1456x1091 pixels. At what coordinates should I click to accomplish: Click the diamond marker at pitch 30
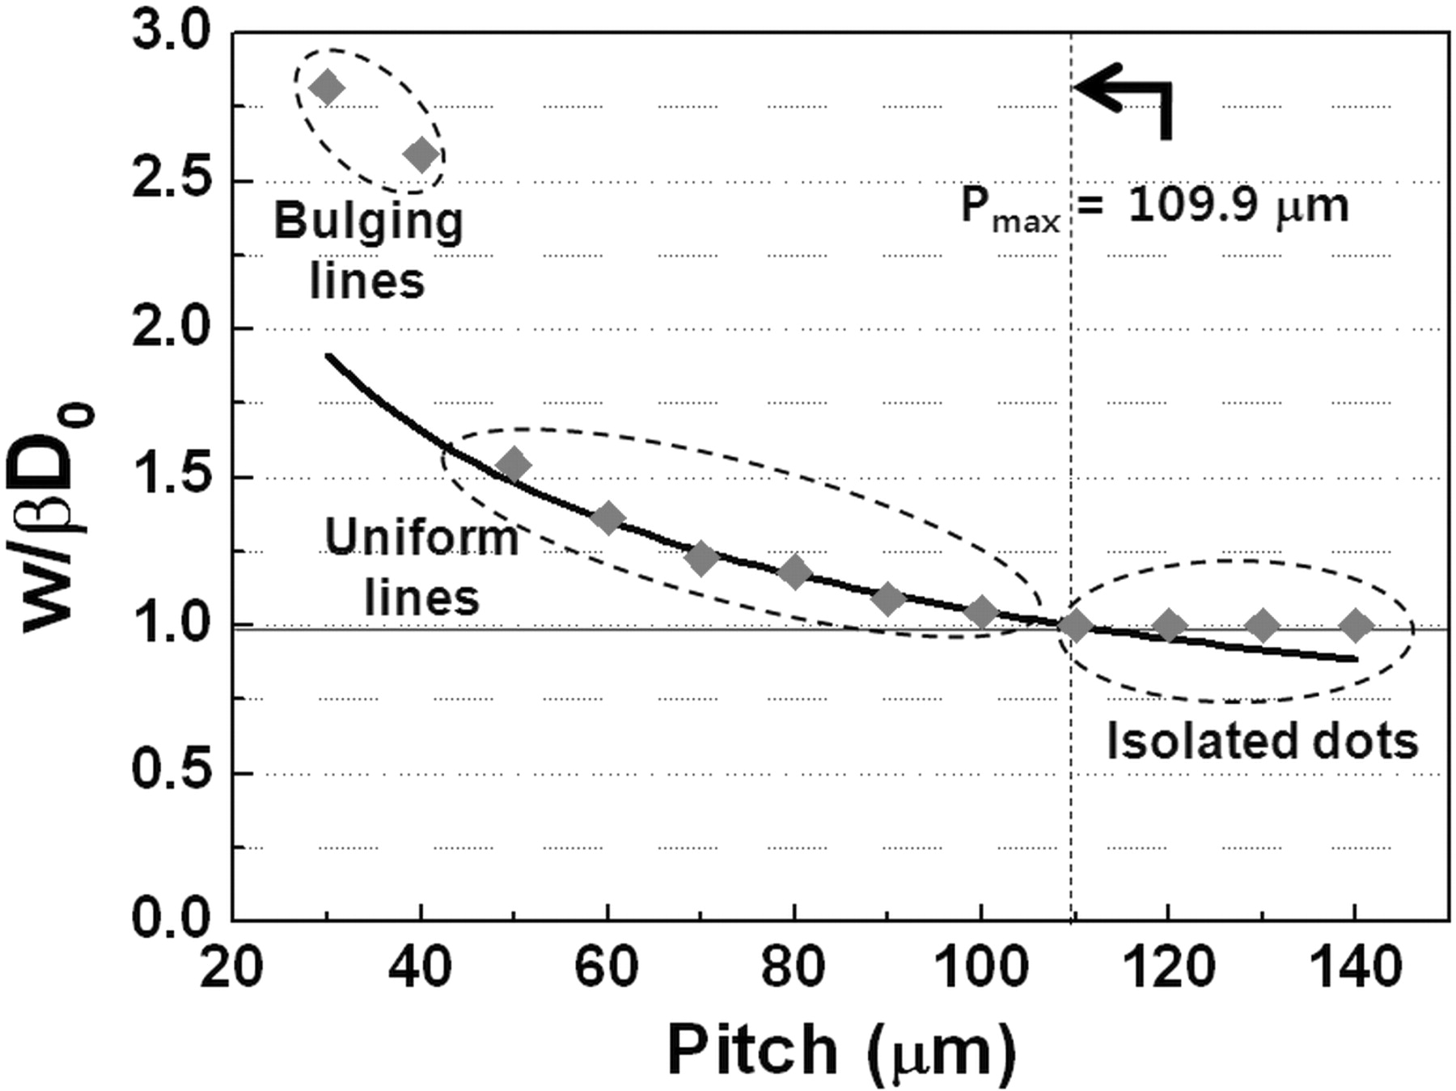(x=328, y=87)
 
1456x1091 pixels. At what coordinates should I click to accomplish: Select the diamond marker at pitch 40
(x=421, y=154)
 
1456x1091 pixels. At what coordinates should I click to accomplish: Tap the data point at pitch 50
(x=514, y=465)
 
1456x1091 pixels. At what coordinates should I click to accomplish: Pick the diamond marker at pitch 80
(x=794, y=573)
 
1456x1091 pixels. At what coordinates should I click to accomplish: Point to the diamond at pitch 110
(x=1075, y=625)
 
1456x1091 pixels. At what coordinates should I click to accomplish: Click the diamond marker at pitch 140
(x=1356, y=625)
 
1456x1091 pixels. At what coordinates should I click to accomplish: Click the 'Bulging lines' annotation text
(x=368, y=251)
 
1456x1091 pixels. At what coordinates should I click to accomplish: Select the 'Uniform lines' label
(x=421, y=567)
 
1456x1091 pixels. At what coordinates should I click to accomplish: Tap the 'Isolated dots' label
(x=1262, y=741)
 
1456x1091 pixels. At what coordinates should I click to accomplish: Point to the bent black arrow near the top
(x=1128, y=101)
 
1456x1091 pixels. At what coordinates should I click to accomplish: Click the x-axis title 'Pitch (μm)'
(x=841, y=1051)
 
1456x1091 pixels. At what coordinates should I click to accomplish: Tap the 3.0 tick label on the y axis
(x=171, y=34)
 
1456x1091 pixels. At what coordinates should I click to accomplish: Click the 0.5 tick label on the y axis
(x=171, y=773)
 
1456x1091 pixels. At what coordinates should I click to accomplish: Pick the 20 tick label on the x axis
(x=232, y=967)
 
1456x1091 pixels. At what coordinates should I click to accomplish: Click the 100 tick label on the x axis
(x=981, y=967)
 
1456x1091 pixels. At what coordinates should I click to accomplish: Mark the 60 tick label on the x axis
(x=607, y=967)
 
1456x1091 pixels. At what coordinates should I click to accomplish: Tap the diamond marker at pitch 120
(x=1168, y=625)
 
